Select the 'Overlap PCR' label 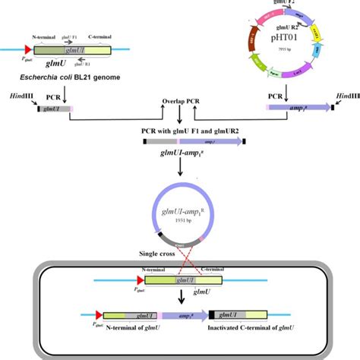pos(179,102)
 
